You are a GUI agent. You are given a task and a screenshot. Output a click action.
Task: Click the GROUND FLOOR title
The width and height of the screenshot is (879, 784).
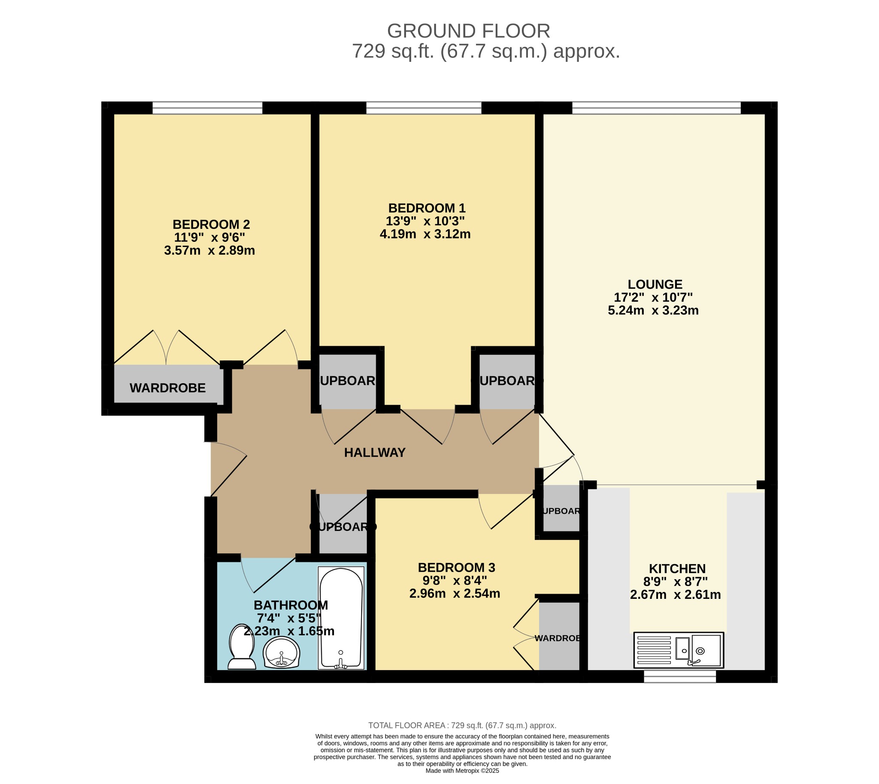pos(468,31)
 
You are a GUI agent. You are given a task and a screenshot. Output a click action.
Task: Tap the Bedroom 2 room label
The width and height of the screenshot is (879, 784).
pos(211,224)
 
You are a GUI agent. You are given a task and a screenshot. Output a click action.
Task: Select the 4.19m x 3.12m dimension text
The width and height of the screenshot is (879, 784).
pos(425,234)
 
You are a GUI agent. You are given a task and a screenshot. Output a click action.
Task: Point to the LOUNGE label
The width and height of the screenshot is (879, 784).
pos(655,284)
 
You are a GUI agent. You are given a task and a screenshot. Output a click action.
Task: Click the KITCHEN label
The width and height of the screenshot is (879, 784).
pos(677,569)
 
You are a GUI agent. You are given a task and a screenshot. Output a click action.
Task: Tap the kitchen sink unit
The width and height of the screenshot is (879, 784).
pos(679,650)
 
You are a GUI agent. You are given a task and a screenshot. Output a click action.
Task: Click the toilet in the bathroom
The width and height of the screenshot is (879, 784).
pos(242,647)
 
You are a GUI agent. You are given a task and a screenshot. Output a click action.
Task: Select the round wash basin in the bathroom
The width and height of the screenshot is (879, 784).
pos(281,653)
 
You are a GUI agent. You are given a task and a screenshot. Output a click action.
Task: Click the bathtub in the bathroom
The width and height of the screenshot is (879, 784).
pos(341,618)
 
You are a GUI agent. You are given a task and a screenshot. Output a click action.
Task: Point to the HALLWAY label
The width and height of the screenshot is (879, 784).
pos(375,452)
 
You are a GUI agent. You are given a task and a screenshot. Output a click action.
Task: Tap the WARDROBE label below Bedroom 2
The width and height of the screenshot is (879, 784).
pos(167,388)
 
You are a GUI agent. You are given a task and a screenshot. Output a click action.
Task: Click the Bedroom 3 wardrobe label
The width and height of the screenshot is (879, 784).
pos(558,638)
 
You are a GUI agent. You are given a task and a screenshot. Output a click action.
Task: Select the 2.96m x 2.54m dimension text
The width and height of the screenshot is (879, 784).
pos(455,594)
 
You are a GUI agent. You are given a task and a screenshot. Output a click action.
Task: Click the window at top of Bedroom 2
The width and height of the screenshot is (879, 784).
pos(207,108)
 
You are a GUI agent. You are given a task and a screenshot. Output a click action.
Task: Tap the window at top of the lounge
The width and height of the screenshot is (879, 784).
pos(656,108)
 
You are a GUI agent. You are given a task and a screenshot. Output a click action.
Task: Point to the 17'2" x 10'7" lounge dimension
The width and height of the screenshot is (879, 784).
pos(653,297)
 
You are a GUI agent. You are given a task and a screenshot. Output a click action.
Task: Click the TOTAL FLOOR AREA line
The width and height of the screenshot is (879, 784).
pos(462,726)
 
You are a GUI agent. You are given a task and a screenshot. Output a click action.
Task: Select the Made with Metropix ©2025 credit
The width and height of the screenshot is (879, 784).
pos(462,771)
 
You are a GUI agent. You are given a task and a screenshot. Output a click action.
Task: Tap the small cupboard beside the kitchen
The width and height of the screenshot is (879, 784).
pos(561,511)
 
